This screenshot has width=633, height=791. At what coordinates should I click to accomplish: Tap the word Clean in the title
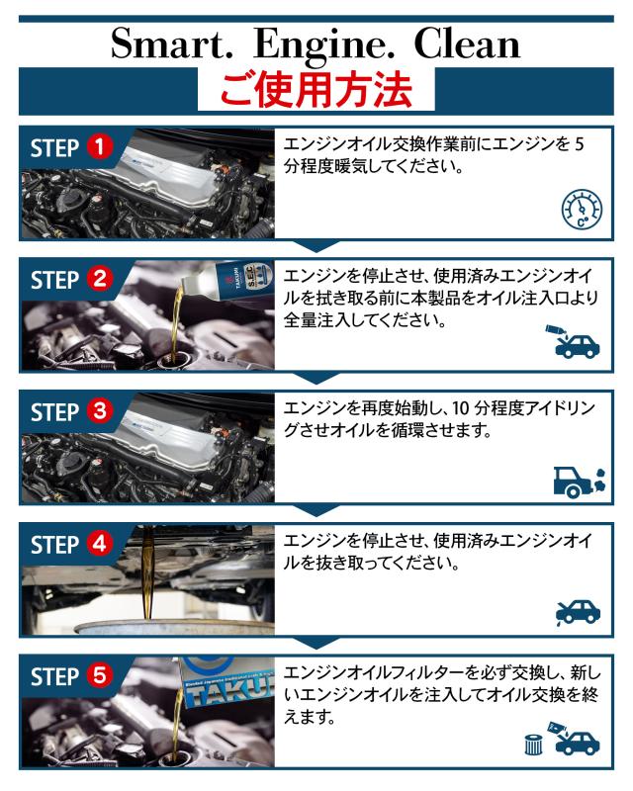(467, 44)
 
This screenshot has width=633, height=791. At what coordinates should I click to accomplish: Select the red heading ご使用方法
(316, 91)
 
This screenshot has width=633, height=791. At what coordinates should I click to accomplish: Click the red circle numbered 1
(100, 146)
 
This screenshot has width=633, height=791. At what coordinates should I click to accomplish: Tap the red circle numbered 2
(100, 279)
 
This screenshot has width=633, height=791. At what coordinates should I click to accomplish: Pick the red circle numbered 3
(100, 411)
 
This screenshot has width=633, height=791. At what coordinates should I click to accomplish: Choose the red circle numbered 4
(100, 544)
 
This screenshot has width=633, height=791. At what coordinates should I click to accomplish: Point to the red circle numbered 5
(100, 676)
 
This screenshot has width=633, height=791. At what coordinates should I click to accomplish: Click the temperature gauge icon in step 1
(582, 210)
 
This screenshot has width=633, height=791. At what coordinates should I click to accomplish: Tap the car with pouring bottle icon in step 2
(573, 341)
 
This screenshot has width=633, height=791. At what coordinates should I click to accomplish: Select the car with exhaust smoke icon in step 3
(579, 483)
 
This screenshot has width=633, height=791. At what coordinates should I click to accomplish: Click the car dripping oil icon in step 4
(578, 613)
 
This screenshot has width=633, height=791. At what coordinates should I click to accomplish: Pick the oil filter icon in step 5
(533, 745)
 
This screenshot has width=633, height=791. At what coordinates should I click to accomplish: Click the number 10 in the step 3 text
(461, 407)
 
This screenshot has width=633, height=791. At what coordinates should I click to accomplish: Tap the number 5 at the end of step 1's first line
(579, 144)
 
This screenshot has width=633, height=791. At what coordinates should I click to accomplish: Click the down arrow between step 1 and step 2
(316, 247)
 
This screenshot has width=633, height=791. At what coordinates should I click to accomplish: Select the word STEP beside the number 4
(54, 545)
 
